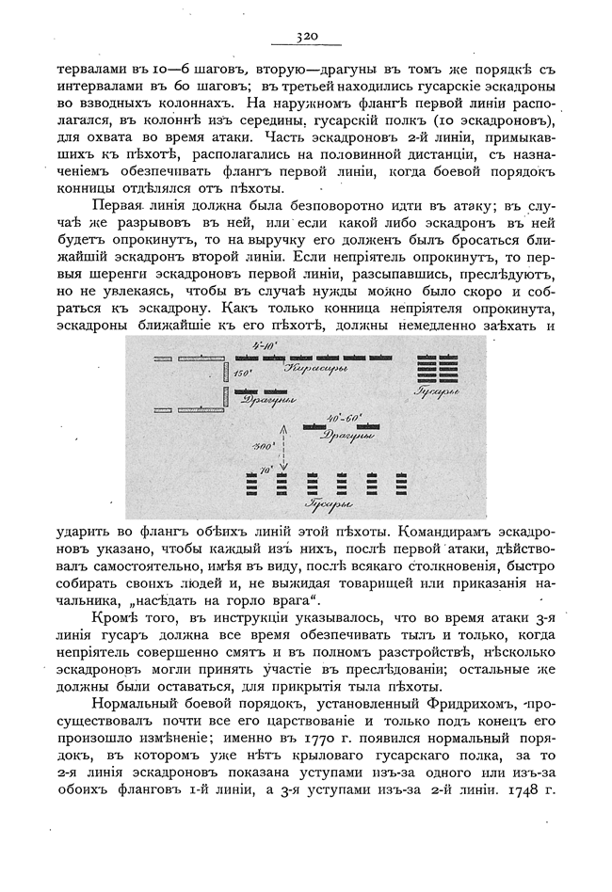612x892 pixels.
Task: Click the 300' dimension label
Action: coord(263,444)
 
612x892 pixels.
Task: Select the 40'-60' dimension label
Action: coord(340,416)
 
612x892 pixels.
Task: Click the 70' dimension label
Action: coord(266,468)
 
